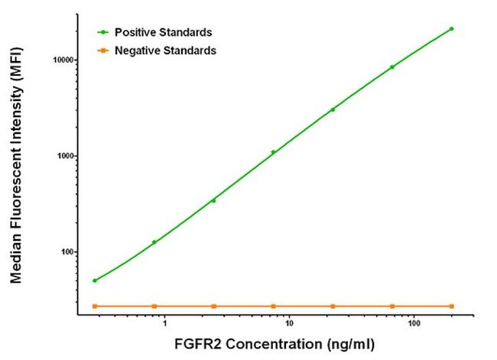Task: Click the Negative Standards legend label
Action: pyautogui.click(x=164, y=50)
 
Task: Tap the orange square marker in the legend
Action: pyautogui.click(x=102, y=50)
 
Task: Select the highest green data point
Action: pyautogui.click(x=452, y=29)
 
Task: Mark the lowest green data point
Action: pyautogui.click(x=95, y=281)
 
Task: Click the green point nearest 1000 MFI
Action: pyautogui.click(x=273, y=152)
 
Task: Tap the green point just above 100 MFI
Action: pyautogui.click(x=154, y=242)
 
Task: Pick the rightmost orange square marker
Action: pyautogui.click(x=452, y=306)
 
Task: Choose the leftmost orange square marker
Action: pyautogui.click(x=95, y=306)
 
